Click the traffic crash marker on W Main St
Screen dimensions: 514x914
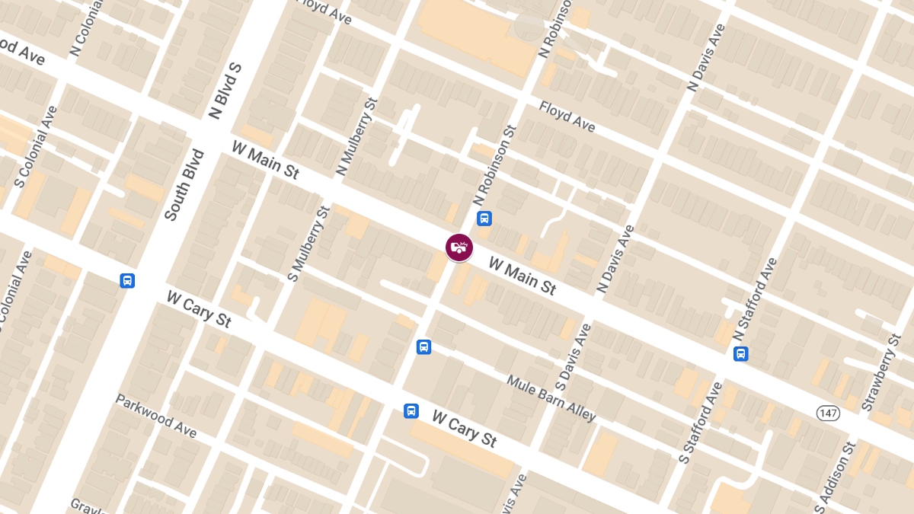(459, 247)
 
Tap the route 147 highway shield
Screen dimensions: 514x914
(828, 412)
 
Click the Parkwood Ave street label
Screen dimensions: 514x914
(156, 417)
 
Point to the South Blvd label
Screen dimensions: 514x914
(184, 185)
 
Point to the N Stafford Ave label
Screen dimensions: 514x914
(755, 299)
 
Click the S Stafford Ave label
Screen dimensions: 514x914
(700, 423)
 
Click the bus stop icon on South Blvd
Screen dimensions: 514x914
(127, 281)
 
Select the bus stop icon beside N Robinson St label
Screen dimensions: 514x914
(484, 219)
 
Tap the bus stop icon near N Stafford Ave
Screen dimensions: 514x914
(740, 354)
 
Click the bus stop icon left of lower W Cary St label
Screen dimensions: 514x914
(411, 411)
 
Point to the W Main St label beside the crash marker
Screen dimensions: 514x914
(523, 276)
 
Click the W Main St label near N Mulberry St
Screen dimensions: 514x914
(265, 159)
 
